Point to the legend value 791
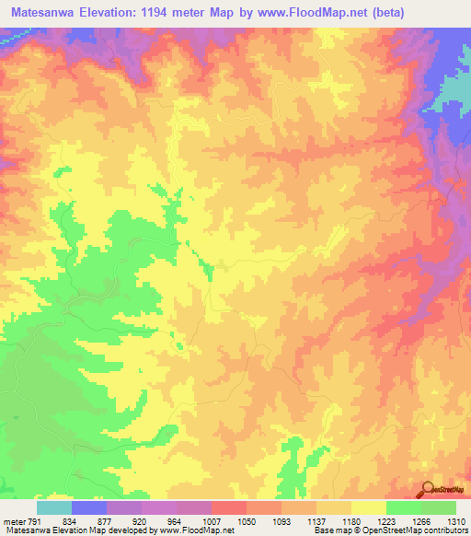point(34,522)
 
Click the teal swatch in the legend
point(54,508)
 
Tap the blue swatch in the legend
point(89,508)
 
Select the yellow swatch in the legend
point(368,508)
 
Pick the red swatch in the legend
point(228,508)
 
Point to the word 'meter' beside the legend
point(13,522)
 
